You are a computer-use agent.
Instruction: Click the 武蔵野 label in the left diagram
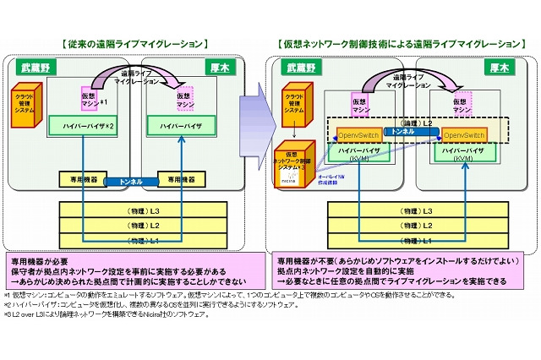coord(36,65)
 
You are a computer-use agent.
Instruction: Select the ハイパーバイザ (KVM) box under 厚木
coord(462,154)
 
